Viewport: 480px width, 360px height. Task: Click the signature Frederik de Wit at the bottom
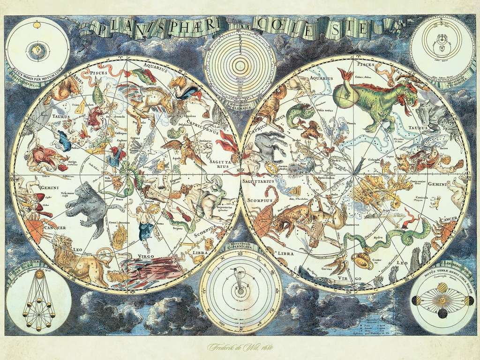point(240,347)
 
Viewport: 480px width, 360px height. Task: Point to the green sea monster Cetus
point(370,101)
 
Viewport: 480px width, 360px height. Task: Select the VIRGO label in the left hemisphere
point(147,256)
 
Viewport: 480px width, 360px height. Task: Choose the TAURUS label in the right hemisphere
point(419,127)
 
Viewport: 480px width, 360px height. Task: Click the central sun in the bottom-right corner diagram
point(442,300)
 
